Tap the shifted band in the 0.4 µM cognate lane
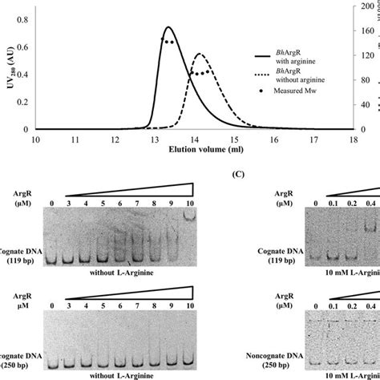click(x=370, y=227)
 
